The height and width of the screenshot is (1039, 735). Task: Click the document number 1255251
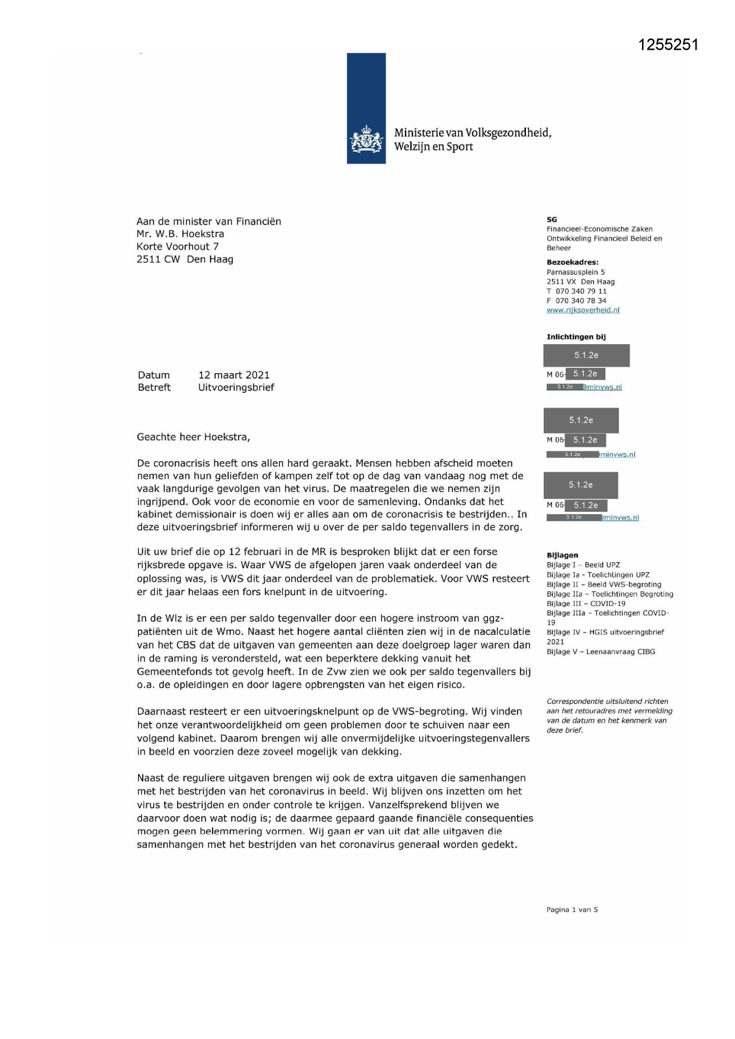pos(668,45)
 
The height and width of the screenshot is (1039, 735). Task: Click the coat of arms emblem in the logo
pos(366,140)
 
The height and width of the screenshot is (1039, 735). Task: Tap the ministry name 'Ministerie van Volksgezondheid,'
pos(473,133)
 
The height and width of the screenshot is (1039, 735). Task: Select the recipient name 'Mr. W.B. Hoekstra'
pos(180,234)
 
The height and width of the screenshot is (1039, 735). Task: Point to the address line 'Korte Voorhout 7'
pos(178,246)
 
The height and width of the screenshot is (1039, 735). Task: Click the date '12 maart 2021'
pos(234,375)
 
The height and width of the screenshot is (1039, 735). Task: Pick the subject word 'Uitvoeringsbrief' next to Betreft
pos(236,387)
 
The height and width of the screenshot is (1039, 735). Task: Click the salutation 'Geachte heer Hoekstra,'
pos(194,437)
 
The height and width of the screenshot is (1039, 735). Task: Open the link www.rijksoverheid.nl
pos(583,310)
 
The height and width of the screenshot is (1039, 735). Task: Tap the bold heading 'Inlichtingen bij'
pos(576,337)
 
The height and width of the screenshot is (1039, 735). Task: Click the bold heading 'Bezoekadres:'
pos(572,262)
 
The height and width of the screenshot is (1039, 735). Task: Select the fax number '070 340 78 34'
pos(580,300)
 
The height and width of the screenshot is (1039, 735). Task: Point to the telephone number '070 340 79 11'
pos(580,291)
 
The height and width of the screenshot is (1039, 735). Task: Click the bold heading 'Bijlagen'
pos(562,555)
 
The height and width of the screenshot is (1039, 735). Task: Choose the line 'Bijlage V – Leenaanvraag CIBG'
pos(601,652)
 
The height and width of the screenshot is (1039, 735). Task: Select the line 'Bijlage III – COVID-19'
pos(586,604)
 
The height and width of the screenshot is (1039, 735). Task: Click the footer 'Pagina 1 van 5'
pos(572,909)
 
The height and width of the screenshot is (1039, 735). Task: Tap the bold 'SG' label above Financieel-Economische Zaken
pos(551,220)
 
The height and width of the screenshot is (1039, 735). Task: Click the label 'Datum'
pos(154,375)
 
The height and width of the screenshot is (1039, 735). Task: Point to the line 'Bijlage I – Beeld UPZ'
pos(583,565)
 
